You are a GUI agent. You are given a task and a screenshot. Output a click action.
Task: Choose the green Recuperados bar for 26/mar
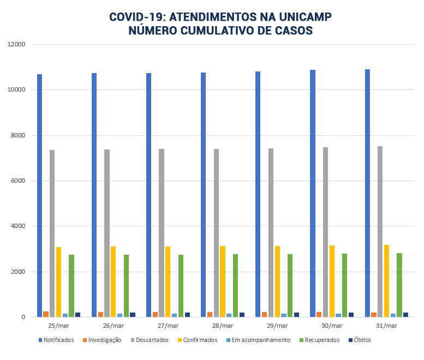(x=126, y=286)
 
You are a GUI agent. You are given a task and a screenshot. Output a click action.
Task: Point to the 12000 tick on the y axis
(x=17, y=44)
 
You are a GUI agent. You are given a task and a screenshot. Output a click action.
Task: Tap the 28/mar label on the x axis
(x=223, y=326)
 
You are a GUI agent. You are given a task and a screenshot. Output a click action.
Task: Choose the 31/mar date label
(x=386, y=326)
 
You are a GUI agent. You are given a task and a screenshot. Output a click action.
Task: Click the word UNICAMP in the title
(x=301, y=17)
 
